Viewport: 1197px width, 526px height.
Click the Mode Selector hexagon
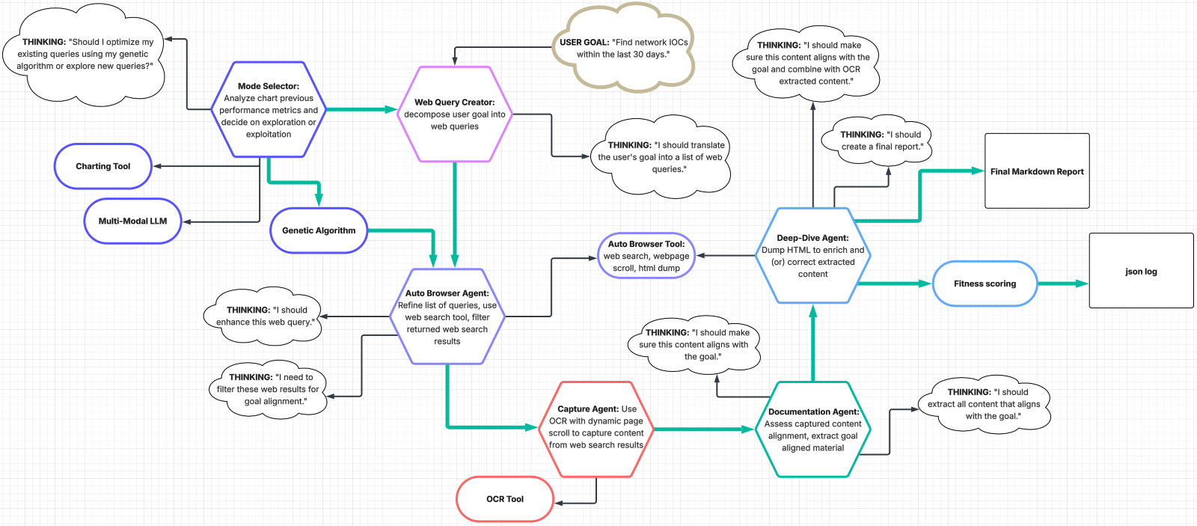click(269, 110)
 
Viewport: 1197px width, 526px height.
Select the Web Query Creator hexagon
click(454, 114)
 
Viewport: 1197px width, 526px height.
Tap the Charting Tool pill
click(103, 166)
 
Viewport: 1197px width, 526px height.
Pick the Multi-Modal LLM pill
click(132, 221)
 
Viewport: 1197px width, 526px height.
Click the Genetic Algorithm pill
click(319, 230)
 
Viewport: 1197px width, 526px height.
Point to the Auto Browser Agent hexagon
click(447, 316)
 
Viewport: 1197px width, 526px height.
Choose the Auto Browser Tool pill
click(646, 256)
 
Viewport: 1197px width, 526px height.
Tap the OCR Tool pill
click(505, 499)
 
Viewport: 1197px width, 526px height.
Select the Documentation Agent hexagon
click(813, 429)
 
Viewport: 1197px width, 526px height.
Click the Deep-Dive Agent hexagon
click(812, 256)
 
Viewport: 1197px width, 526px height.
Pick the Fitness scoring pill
click(985, 284)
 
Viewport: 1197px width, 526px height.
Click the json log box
click(1141, 272)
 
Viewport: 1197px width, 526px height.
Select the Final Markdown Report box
click(1037, 171)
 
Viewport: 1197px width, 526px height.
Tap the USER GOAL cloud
click(623, 48)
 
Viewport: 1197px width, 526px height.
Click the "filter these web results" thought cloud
click(268, 389)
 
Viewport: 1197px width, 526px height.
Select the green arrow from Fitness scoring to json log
click(1062, 284)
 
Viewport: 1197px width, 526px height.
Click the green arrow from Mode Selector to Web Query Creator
click(362, 109)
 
